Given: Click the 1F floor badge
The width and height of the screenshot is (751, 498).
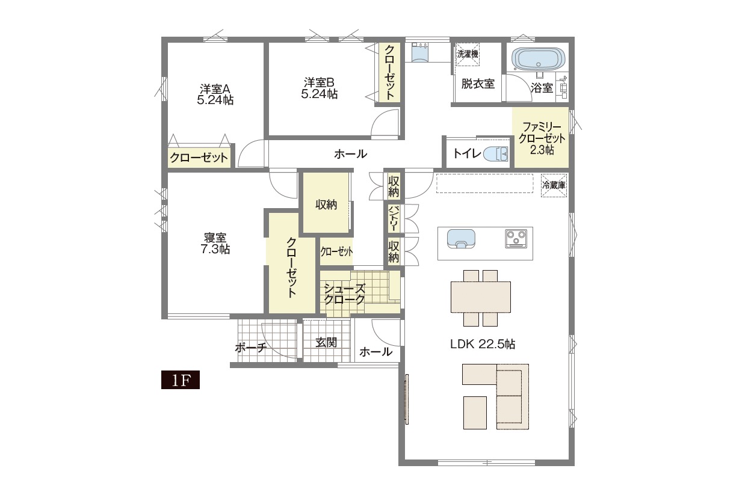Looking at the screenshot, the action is click(x=181, y=380).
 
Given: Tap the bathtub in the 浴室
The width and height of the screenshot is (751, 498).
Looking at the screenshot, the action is click(x=539, y=60).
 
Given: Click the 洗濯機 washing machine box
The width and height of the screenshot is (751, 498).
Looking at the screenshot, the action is click(x=468, y=54).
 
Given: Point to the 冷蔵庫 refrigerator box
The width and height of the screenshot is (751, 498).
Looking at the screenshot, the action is click(x=554, y=185).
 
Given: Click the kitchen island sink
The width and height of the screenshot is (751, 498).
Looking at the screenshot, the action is click(x=461, y=239).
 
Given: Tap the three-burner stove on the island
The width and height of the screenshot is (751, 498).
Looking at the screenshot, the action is click(x=516, y=239).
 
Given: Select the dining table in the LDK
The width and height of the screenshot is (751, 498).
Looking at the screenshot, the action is click(x=480, y=297).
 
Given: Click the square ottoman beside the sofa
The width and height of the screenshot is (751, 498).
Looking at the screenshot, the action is click(x=475, y=413).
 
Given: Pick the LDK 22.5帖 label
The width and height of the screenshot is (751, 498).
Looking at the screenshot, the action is click(x=482, y=344).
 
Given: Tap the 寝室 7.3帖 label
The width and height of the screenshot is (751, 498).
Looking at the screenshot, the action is click(x=215, y=244).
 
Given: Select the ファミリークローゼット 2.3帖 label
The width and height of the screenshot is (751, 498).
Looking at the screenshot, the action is click(x=542, y=138).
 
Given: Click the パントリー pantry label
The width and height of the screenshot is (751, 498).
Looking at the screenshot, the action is click(x=394, y=218).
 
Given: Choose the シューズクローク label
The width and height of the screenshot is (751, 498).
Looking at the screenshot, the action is click(x=344, y=294).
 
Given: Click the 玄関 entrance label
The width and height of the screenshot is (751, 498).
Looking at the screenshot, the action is click(x=326, y=342).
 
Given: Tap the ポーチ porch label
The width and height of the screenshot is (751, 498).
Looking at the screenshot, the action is click(x=251, y=348).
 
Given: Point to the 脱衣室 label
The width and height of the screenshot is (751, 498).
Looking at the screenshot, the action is click(x=478, y=84).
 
